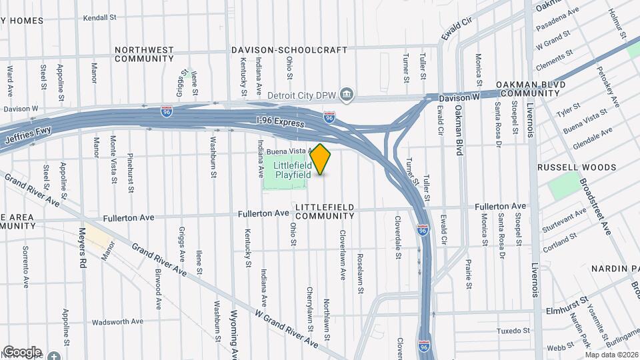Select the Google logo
tap(21, 351)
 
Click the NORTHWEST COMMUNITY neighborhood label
tap(144, 54)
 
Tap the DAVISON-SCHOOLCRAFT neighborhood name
tap(289, 50)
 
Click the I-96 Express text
tap(281, 123)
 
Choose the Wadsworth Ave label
tap(117, 321)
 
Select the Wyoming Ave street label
tap(233, 333)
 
